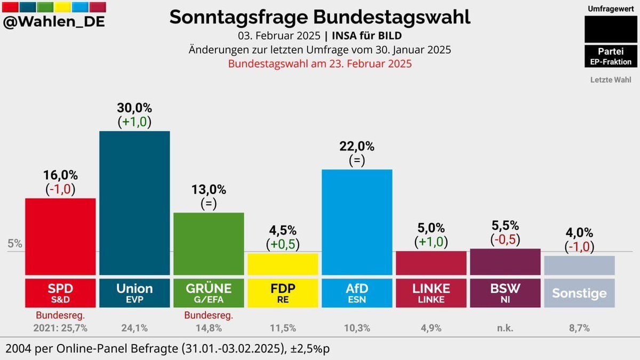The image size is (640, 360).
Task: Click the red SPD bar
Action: [60, 236]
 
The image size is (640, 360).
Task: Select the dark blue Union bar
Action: [134, 203]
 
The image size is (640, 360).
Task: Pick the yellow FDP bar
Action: [283, 264]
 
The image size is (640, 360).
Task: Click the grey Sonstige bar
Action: [579, 265]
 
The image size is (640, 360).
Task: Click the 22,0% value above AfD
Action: [357, 146]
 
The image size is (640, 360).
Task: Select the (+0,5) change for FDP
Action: [283, 244]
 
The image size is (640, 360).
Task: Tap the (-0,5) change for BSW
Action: [505, 239]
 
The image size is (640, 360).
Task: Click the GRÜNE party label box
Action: [209, 292]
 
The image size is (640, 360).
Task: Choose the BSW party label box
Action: [505, 292]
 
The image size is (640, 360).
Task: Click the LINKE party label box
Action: [431, 292]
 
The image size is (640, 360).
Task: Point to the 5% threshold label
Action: [15, 244]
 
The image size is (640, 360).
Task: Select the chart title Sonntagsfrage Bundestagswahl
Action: [320, 17]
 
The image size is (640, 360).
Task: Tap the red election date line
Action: [320, 63]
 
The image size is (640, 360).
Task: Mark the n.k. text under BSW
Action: [505, 328]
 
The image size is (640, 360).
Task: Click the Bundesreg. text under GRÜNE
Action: [209, 316]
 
